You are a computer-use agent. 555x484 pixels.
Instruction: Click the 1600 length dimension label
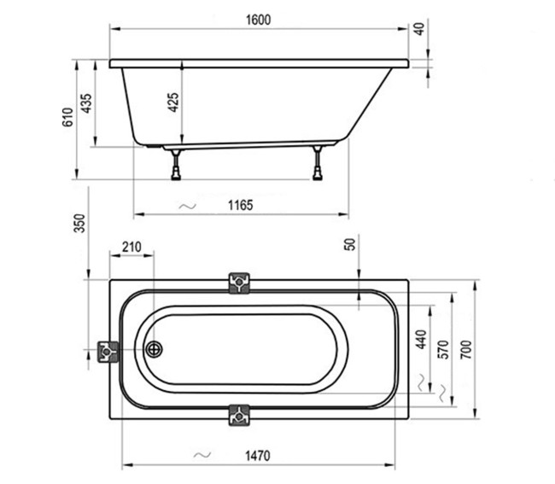260,20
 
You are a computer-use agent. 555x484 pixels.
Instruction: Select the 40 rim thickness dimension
418,28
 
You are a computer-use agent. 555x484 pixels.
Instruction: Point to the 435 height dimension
85,102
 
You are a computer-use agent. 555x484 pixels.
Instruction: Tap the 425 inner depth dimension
172,102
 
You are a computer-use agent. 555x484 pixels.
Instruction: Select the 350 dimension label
79,224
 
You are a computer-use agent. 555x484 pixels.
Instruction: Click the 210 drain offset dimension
131,248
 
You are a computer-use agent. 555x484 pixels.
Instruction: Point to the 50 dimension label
349,245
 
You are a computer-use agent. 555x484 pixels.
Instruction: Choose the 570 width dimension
441,350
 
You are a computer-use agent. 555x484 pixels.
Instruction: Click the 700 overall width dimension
465,348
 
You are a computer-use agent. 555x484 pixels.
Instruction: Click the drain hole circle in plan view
155,349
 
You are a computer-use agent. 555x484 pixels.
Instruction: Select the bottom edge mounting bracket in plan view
239,416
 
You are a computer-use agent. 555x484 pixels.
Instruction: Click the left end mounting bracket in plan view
108,350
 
